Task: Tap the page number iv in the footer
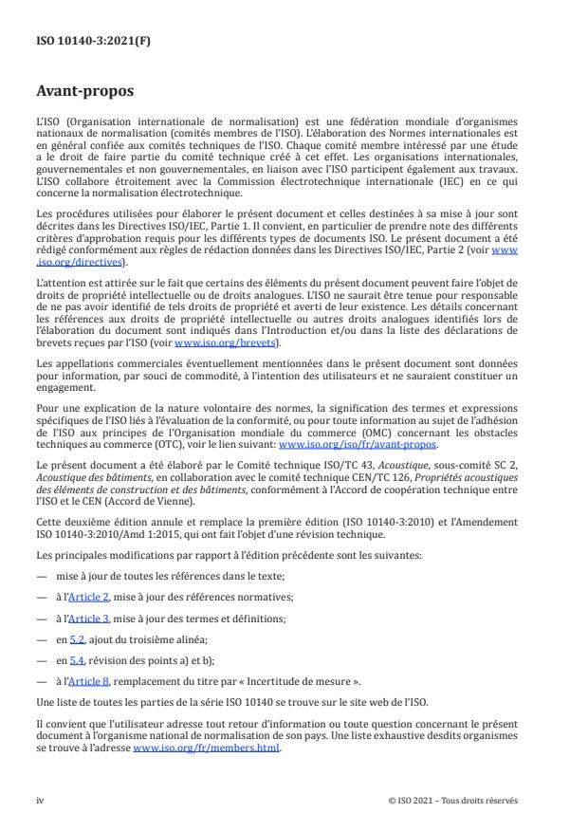click(40, 800)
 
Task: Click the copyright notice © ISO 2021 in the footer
click(453, 800)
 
